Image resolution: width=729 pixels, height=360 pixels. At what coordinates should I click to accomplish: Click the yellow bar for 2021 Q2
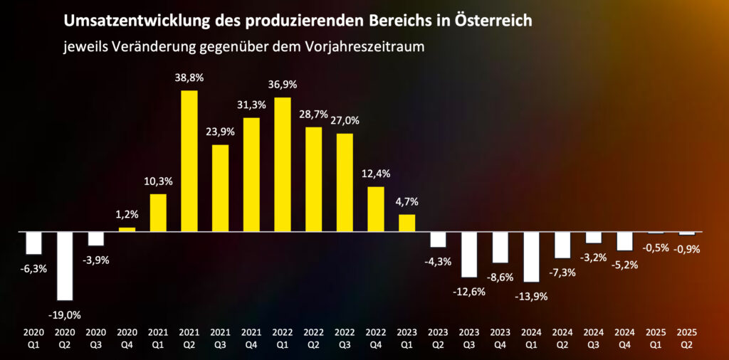pos(189,161)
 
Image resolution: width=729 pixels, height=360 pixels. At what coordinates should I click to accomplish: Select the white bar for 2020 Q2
pos(65,265)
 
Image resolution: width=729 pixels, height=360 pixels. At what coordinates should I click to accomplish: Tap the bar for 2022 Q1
pos(283,164)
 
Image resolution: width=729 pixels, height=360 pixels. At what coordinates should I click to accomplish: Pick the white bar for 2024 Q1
pos(530,256)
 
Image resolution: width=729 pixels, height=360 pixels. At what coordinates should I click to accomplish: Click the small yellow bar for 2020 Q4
pos(127,229)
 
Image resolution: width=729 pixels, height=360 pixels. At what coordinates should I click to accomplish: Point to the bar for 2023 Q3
pos(468,254)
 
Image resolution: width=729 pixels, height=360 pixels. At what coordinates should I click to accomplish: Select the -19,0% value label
pos(65,314)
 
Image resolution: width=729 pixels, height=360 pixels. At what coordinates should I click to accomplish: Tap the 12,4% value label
pos(376,173)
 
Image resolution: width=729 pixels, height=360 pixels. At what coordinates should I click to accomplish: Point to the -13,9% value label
pos(530,295)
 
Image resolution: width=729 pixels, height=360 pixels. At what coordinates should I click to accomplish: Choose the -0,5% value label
pos(655,248)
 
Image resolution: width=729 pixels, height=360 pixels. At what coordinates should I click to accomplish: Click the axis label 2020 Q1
pos(33,337)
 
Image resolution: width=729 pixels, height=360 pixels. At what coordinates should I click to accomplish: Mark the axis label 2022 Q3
pos(345,337)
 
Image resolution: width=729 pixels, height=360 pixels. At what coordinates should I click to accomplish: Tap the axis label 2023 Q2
pos(438,337)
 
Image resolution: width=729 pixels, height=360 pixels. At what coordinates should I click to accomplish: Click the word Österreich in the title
pos(489,21)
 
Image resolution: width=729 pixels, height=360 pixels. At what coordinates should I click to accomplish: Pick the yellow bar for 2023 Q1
pos(407,223)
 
